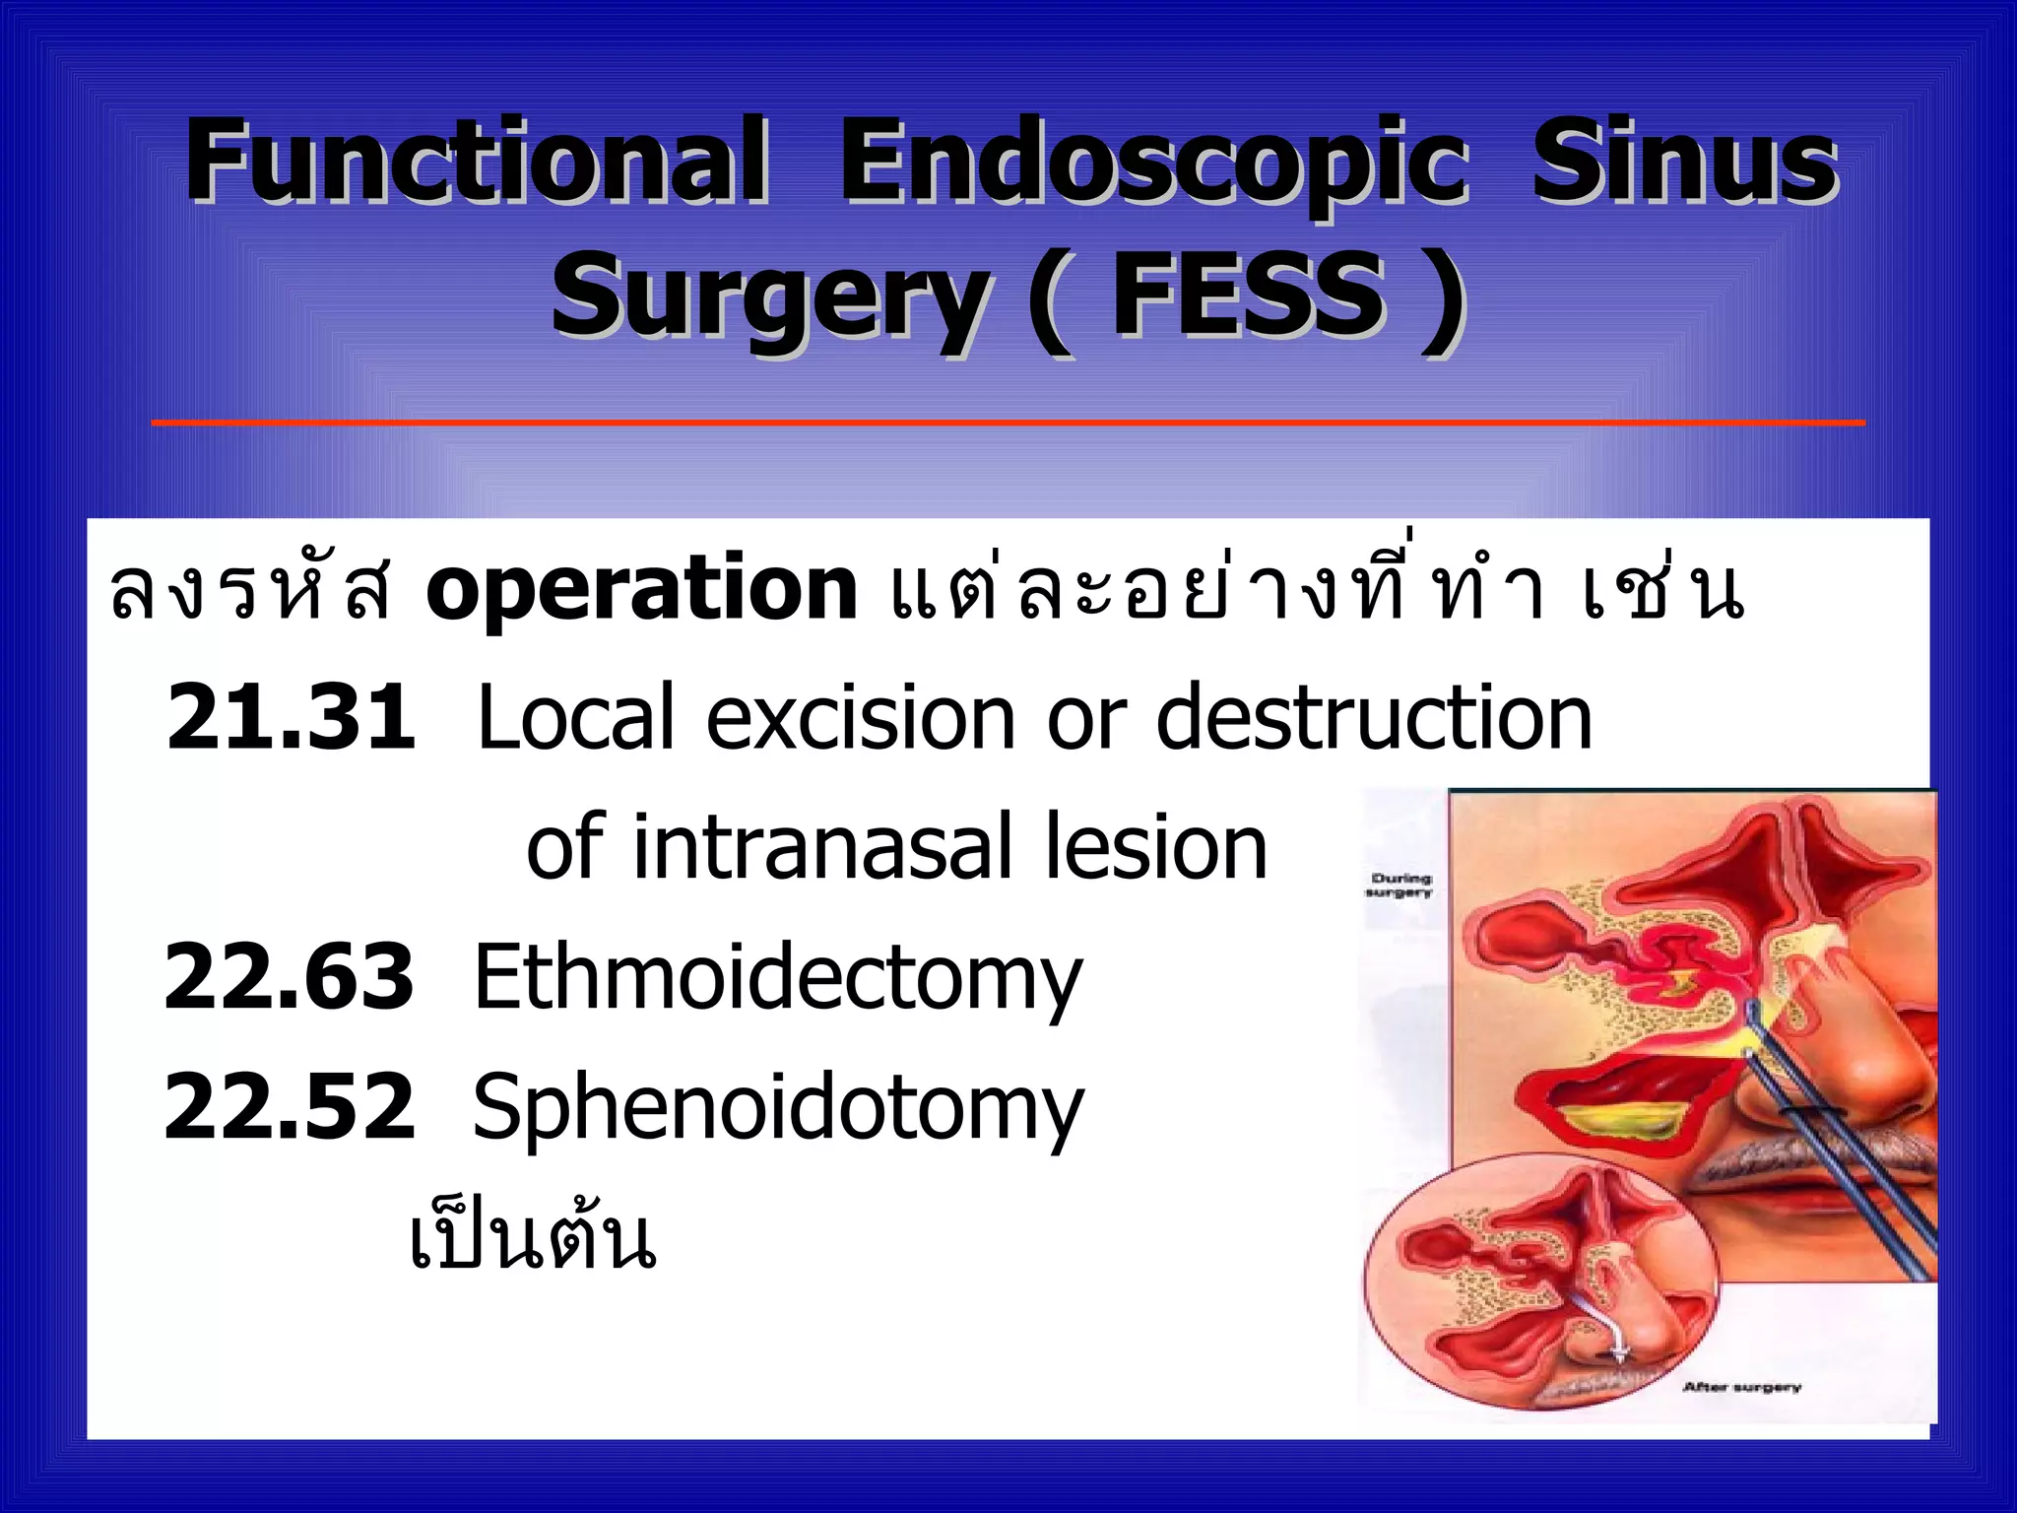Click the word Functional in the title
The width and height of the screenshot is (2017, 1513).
pos(477,161)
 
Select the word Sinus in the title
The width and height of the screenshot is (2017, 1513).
pos(1684,161)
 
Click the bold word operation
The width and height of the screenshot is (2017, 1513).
pos(641,589)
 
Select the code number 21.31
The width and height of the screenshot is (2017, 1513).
pos(292,717)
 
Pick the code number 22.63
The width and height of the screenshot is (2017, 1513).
pos(290,976)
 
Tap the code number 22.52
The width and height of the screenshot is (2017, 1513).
pos(290,1107)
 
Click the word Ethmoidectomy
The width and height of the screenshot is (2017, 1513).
pos(778,978)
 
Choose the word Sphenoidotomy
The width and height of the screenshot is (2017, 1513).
pos(778,1109)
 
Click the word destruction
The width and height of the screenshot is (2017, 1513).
pos(1374,717)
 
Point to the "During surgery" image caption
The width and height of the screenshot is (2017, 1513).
pos(1399,885)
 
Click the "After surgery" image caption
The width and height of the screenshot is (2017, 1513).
pos(1741,1387)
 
